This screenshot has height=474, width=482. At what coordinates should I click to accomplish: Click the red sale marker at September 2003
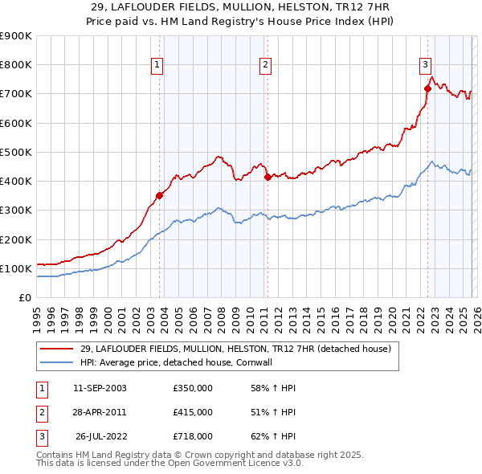(x=160, y=194)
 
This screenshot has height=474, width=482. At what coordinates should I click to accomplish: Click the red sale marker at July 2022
(x=427, y=88)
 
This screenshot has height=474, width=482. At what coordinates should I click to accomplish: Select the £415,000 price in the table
(x=193, y=412)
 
